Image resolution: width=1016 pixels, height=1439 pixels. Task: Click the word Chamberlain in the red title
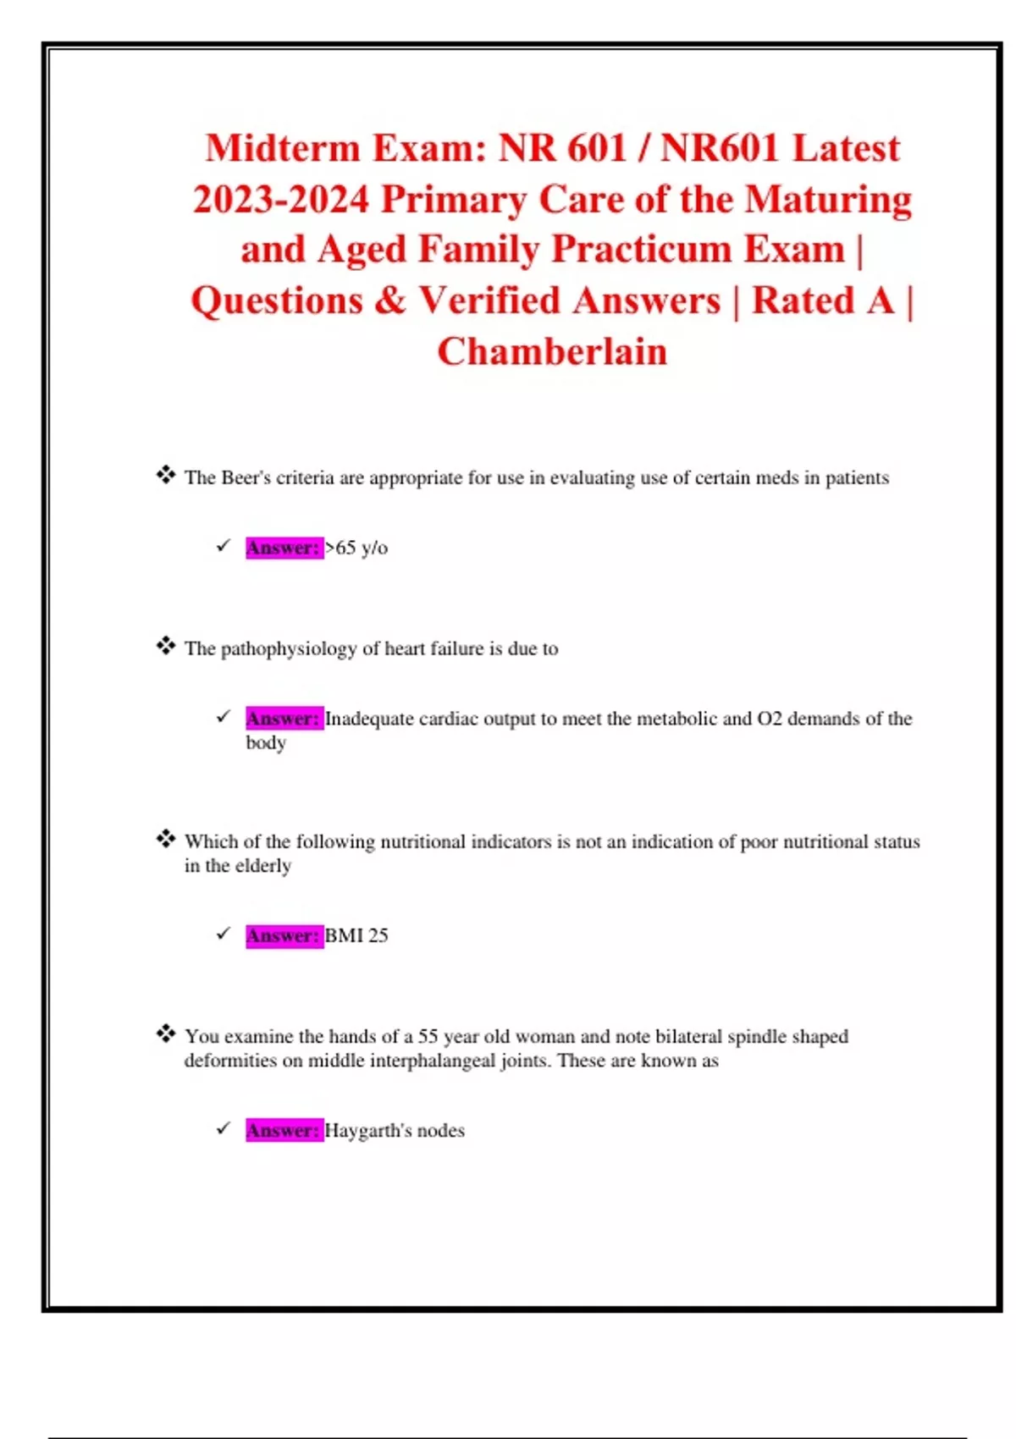(x=552, y=351)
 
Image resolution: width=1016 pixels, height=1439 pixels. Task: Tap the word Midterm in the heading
(x=283, y=148)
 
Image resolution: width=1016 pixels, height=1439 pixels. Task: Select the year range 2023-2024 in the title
(x=281, y=200)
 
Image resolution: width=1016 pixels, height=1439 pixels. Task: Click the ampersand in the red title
(x=390, y=300)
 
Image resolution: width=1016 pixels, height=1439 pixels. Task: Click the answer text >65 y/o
(x=356, y=548)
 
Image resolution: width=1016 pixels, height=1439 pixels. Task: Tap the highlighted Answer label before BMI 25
(x=284, y=935)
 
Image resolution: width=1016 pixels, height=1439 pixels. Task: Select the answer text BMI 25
(x=356, y=935)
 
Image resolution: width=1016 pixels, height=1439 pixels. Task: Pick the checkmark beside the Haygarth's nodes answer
(x=223, y=1128)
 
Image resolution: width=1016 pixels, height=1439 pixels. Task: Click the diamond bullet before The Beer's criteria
(x=165, y=475)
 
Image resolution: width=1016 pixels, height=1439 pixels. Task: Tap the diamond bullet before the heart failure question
(x=165, y=646)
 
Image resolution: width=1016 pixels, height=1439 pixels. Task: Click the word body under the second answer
(x=266, y=742)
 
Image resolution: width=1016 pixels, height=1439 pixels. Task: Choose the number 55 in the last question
(x=428, y=1036)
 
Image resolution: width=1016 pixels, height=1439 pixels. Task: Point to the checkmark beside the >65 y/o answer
(x=223, y=546)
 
